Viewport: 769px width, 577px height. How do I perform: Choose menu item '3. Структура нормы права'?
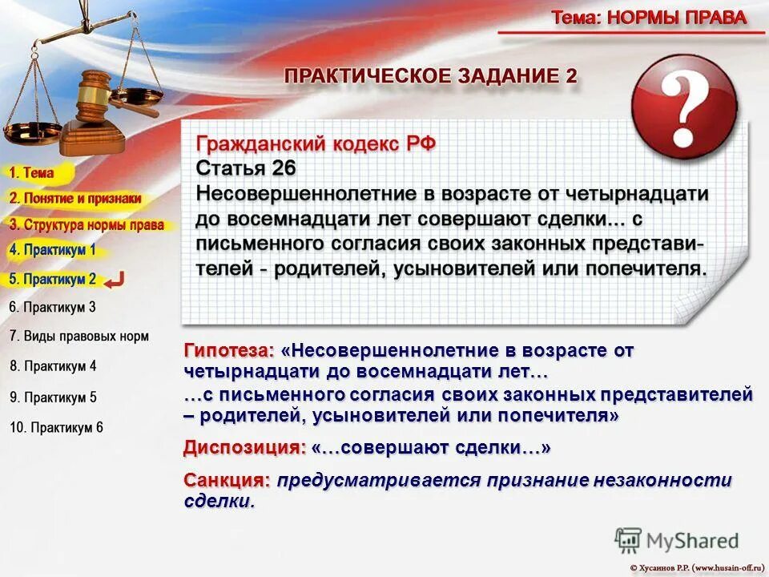click(x=87, y=225)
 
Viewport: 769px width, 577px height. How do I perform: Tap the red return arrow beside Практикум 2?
click(x=115, y=279)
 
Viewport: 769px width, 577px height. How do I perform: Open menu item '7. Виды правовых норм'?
click(x=79, y=337)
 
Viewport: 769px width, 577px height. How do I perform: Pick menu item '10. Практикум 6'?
click(x=56, y=427)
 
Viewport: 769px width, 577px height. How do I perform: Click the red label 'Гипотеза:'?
click(x=228, y=351)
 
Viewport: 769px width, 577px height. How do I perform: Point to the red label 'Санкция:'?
click(x=227, y=480)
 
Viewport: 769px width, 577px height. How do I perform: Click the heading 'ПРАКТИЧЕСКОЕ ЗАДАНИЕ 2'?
click(x=430, y=76)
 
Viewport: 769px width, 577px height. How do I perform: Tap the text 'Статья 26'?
click(x=246, y=168)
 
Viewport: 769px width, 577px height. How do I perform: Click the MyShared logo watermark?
click(x=677, y=540)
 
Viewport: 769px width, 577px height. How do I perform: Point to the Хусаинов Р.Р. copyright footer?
click(x=697, y=567)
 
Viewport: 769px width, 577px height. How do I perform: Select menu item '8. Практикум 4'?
click(x=53, y=366)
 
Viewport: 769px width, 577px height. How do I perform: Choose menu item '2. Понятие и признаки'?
click(x=75, y=198)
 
